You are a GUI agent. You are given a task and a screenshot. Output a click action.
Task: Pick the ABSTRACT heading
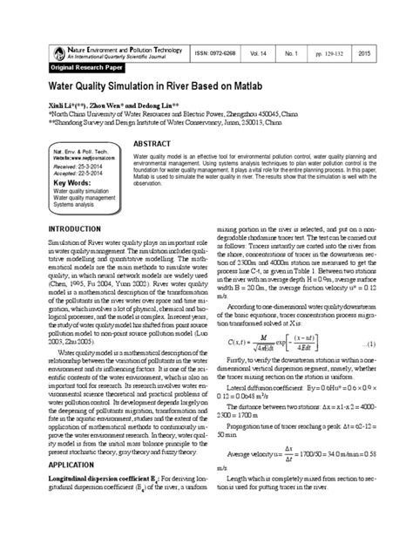point(151,143)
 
